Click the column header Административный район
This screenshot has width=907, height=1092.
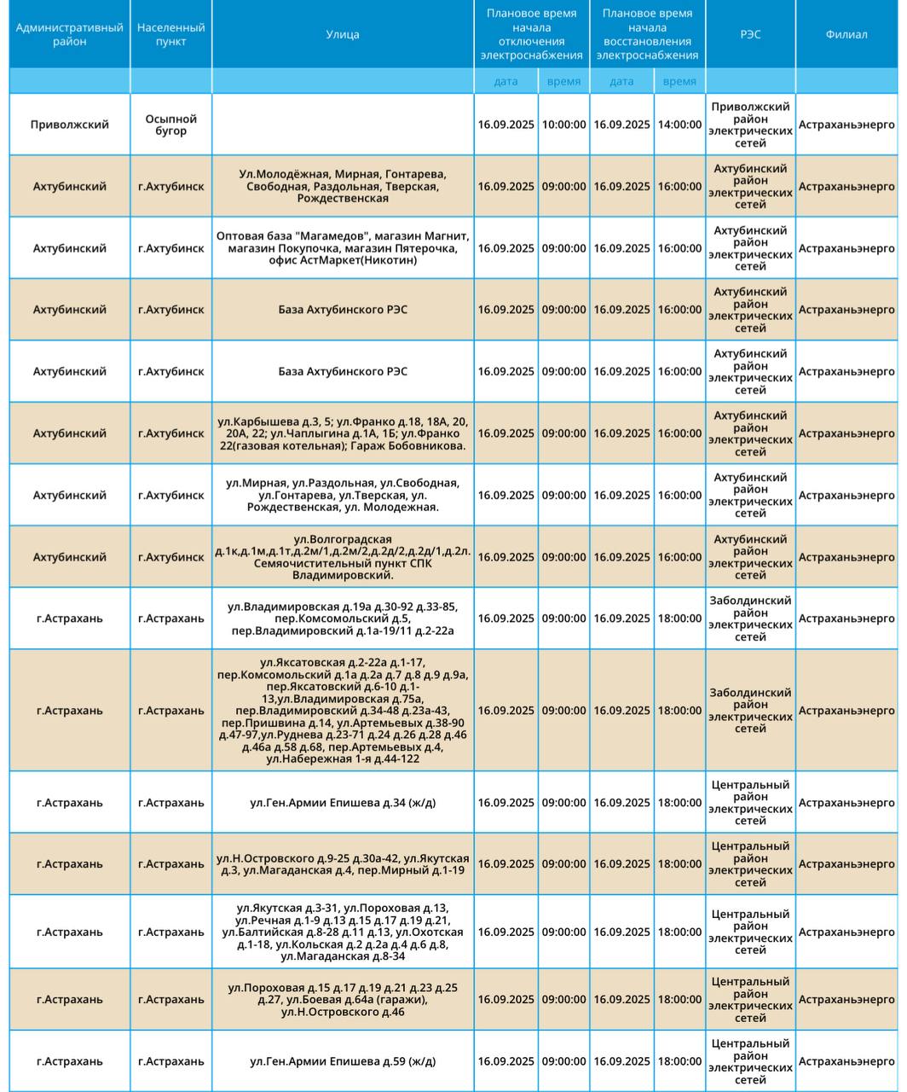pos(70,34)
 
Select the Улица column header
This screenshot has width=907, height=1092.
pos(343,34)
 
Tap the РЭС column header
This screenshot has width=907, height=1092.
pos(750,34)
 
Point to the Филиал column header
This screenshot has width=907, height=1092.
pos(846,34)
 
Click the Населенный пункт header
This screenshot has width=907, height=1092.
pos(170,34)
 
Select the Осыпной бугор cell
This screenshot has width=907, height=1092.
pos(170,125)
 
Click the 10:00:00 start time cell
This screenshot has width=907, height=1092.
pos(563,125)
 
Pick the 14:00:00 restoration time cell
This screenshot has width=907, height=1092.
pos(679,125)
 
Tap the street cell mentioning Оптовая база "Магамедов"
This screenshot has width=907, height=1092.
pos(343,248)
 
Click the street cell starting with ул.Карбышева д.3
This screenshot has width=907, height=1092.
pos(343,433)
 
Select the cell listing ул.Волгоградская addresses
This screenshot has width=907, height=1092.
pos(343,557)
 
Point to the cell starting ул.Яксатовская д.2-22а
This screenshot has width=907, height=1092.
pos(343,711)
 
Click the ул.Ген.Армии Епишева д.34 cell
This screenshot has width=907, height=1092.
pos(343,803)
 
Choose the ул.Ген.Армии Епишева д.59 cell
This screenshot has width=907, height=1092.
pos(343,1061)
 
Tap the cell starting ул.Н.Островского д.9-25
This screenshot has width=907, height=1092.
pos(343,864)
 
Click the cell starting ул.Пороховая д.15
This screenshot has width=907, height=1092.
pos(343,1000)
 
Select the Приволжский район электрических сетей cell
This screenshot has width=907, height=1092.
pos(750,125)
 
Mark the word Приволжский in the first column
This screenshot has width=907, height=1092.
pos(70,125)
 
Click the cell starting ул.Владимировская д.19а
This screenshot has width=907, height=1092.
pos(343,619)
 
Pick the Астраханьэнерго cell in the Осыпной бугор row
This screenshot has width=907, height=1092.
pos(846,125)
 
